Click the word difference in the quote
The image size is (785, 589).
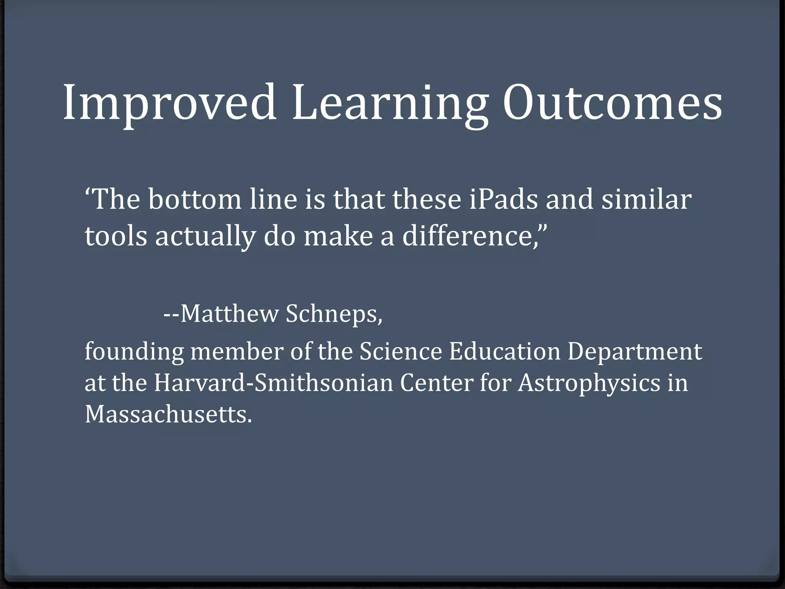pos(466,236)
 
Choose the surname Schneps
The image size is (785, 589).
pos(333,314)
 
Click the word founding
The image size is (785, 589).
pos(134,352)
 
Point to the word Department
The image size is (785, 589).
pos(634,352)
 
